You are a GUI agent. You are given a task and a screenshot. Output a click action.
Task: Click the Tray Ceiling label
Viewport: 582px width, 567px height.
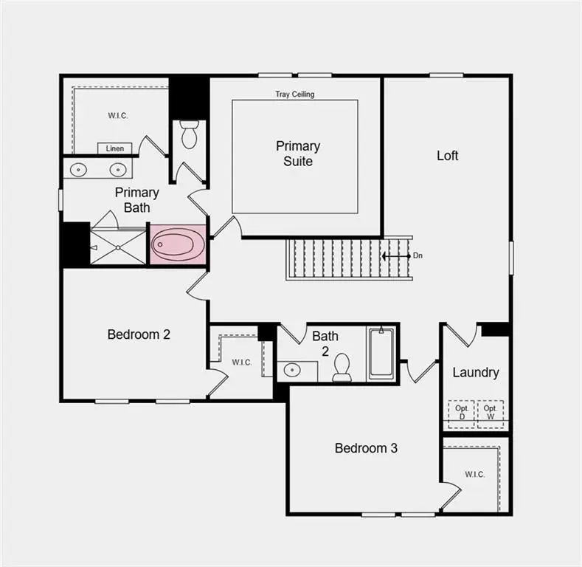294,94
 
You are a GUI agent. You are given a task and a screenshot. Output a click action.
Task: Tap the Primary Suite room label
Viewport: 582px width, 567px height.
298,154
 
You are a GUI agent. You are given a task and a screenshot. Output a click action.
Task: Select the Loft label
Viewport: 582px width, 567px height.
447,155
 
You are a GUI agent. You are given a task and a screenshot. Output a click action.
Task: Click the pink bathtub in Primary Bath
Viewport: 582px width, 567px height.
179,245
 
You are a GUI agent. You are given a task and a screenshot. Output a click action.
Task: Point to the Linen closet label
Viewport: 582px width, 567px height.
114,148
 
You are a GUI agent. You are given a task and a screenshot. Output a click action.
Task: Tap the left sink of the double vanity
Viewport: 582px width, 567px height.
78,170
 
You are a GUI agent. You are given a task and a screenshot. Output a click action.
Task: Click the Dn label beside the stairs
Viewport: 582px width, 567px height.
418,255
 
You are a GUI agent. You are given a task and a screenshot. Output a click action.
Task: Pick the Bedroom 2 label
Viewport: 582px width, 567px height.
139,334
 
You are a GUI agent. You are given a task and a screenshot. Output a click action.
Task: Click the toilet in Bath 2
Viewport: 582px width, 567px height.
342,367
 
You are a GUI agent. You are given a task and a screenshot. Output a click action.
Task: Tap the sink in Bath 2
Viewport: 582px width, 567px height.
291,370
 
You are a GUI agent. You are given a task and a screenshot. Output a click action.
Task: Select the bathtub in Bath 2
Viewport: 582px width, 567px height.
381,353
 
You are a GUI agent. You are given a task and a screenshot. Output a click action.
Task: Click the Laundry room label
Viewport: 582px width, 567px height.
475,372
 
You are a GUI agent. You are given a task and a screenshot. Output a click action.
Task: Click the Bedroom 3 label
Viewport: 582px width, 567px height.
366,448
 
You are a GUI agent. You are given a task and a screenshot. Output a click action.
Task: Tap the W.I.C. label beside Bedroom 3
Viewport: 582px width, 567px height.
474,474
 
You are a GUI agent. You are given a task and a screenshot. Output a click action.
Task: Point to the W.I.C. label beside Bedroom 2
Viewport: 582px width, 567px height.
241,362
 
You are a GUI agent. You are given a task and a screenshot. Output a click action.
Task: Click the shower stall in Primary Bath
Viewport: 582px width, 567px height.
118,247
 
